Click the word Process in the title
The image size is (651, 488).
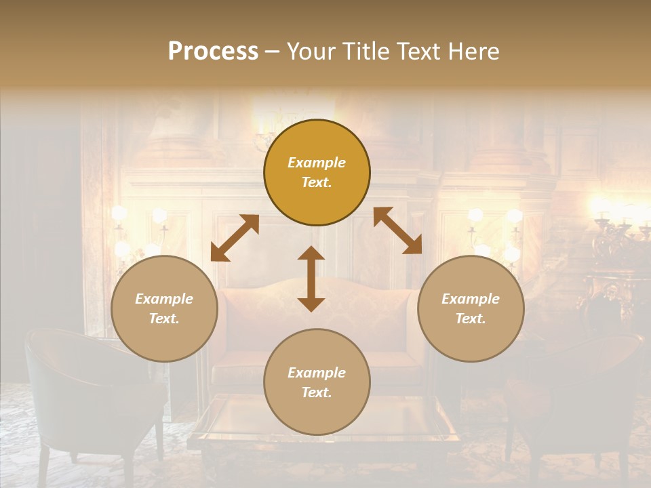213,52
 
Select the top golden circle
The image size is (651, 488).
317,173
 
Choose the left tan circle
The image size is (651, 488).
164,308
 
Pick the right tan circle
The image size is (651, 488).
471,308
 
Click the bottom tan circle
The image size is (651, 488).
317,382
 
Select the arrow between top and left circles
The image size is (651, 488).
235,238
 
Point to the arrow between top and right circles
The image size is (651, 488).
397,231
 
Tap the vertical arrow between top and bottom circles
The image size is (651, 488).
311,279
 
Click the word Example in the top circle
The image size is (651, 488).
317,163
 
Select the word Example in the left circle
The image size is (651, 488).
164,299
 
